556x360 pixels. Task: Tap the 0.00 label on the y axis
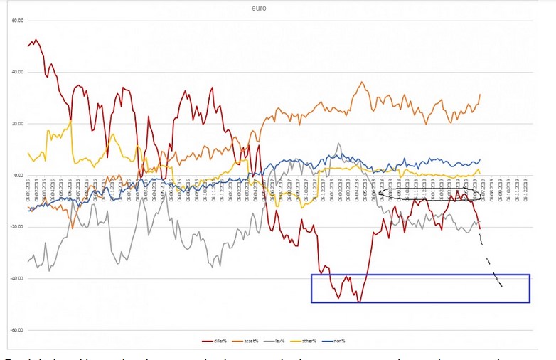pos(17,175)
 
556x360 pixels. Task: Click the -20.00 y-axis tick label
pos(15,227)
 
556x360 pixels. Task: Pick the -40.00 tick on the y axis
pos(15,278)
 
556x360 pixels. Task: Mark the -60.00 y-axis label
pos(15,330)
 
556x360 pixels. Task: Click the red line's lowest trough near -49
pos(359,302)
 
